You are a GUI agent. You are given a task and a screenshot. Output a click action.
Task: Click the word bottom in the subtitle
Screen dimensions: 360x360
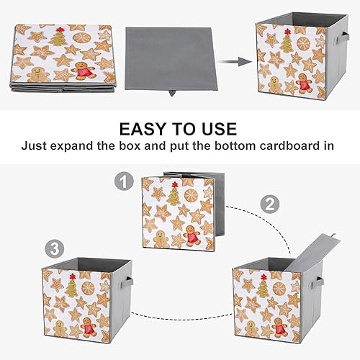pos(230,145)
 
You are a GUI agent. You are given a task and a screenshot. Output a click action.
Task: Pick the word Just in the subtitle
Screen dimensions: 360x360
pos(36,145)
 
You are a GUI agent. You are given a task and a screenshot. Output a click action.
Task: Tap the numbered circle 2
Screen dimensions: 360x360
pos(269,204)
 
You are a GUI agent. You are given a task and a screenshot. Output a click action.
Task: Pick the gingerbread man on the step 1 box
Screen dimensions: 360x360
pos(191,235)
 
